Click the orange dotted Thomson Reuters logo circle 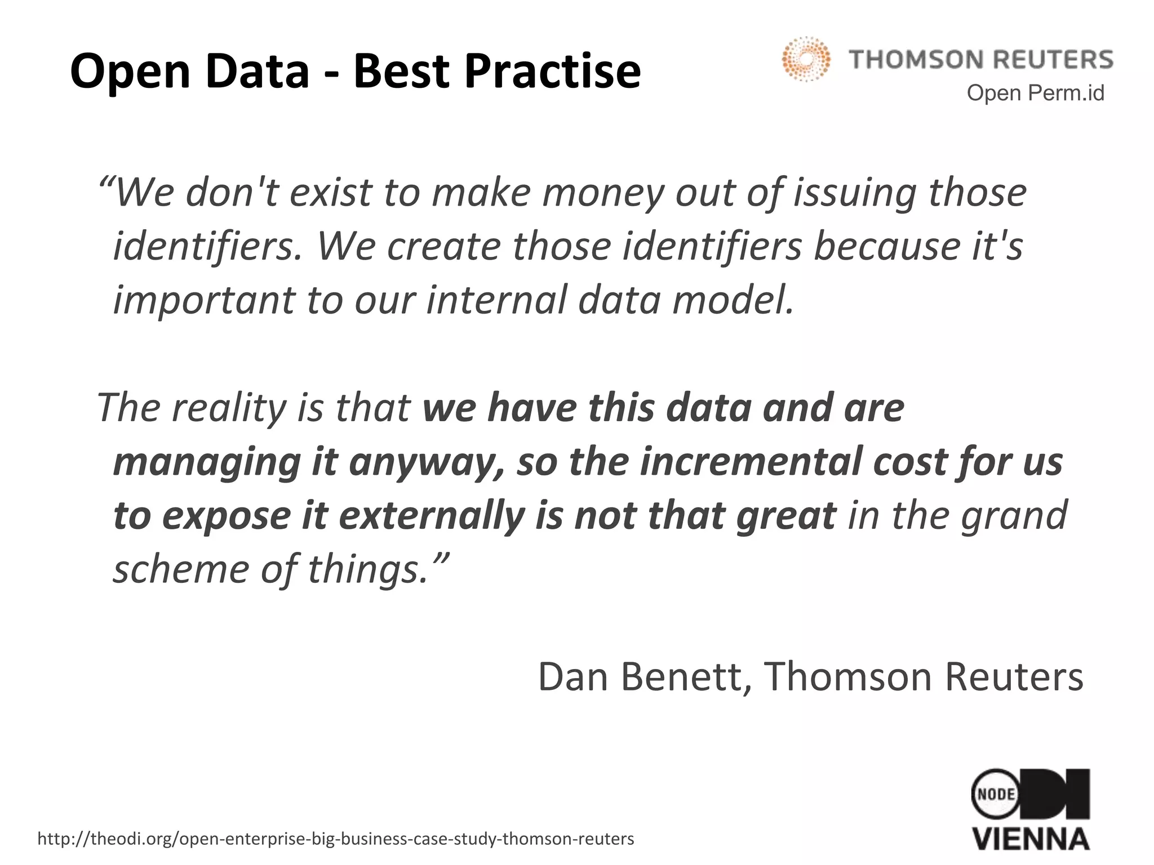806,59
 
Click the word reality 228,408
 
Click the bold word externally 432,516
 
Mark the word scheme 180,569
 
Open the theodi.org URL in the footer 336,839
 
